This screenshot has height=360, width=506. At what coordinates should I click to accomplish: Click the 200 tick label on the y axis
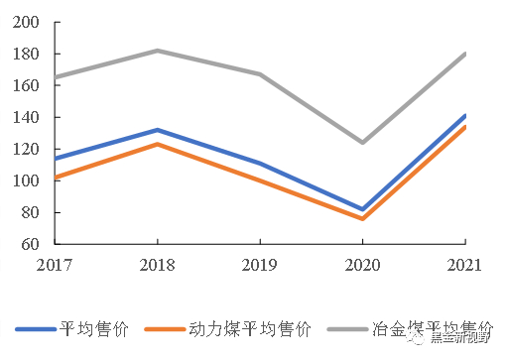point(28,22)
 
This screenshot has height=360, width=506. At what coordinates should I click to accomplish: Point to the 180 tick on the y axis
point(28,54)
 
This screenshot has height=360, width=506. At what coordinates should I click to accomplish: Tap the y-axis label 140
point(28,117)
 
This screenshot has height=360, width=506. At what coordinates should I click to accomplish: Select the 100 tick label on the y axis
point(28,180)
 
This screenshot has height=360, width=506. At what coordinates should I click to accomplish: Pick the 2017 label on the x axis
point(55,265)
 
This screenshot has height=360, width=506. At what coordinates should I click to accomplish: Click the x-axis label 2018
point(157,265)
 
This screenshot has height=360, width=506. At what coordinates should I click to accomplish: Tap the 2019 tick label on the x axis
point(260,265)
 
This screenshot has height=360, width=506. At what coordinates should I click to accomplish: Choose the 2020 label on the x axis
point(362,265)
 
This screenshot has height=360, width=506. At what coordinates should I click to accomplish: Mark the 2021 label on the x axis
point(463,265)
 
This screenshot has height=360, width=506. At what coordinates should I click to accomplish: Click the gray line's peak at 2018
point(157,51)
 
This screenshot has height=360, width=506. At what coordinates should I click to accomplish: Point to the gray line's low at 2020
point(362,142)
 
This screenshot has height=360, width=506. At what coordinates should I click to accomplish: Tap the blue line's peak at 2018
point(157,130)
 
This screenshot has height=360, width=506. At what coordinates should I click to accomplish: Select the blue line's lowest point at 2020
point(362,209)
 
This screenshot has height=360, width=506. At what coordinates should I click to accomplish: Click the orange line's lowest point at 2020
point(362,218)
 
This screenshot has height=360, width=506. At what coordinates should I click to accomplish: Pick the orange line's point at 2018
point(157,144)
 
